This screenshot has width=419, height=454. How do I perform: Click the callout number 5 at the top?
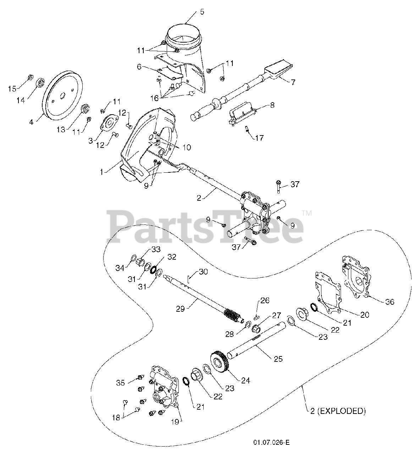click(x=202, y=12)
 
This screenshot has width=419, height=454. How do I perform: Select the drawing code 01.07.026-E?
click(x=271, y=442)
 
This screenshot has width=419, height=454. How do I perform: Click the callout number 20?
click(x=365, y=314)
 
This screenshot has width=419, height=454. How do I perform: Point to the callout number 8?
click(x=272, y=105)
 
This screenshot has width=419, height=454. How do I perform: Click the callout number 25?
click(x=278, y=359)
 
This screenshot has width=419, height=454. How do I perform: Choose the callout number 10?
click(x=186, y=147)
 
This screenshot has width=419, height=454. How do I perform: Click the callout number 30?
click(x=203, y=272)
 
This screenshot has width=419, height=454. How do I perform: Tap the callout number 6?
click(x=139, y=66)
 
